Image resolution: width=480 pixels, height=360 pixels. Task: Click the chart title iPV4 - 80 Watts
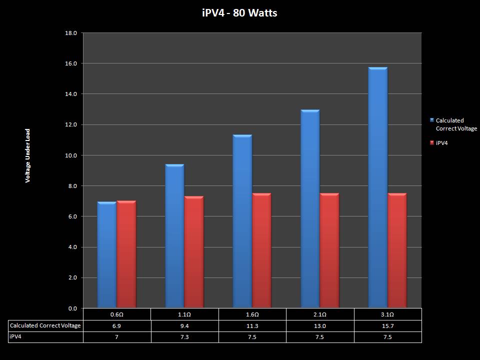[239, 13]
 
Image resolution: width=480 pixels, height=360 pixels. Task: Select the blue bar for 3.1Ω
[377, 187]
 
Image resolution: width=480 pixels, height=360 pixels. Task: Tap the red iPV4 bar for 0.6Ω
[126, 254]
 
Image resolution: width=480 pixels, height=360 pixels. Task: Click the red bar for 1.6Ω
[261, 250]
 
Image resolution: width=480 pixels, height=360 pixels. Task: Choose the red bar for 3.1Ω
[397, 250]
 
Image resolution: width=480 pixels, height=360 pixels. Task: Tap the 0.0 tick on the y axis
[73, 308]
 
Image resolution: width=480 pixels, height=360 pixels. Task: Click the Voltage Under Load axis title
[28, 155]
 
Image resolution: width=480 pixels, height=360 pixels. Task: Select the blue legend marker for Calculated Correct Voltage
[432, 120]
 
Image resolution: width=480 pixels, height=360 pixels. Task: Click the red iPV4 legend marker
[432, 143]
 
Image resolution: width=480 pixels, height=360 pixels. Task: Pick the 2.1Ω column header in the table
[320, 314]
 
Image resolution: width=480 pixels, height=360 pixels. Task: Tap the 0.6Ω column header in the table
[116, 314]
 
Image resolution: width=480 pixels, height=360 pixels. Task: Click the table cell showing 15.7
[387, 325]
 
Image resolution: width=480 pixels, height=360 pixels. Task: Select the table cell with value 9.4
[184, 325]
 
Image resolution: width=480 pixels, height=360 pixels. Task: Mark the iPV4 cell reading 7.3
[184, 337]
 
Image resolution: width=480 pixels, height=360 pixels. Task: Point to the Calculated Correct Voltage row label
[45, 325]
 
